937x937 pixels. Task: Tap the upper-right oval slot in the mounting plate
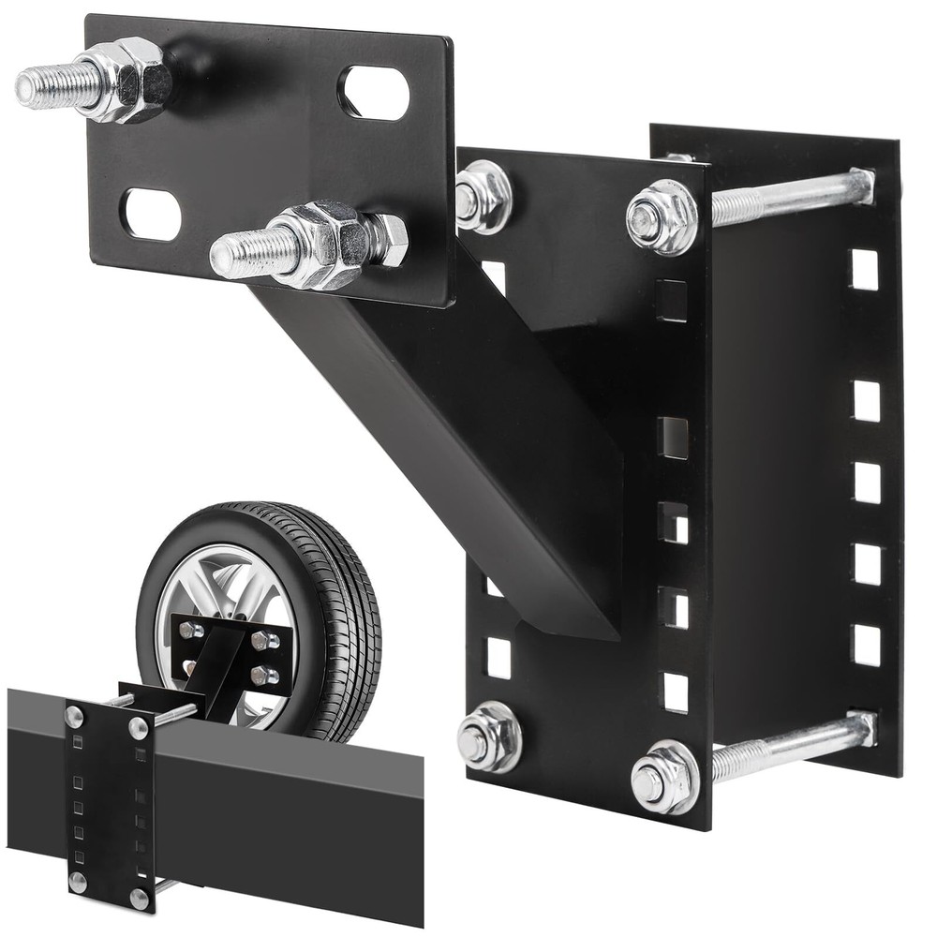click(x=374, y=92)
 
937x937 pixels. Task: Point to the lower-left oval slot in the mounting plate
click(x=152, y=214)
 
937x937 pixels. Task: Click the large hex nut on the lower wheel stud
click(x=328, y=241)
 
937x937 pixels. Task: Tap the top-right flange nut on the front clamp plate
click(x=662, y=217)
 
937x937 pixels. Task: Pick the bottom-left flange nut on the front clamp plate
click(x=488, y=736)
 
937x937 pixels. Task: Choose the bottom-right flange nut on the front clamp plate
click(x=664, y=777)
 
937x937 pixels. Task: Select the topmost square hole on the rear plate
click(x=865, y=270)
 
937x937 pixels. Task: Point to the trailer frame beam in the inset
click(x=281, y=806)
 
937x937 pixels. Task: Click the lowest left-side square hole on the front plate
click(x=498, y=658)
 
